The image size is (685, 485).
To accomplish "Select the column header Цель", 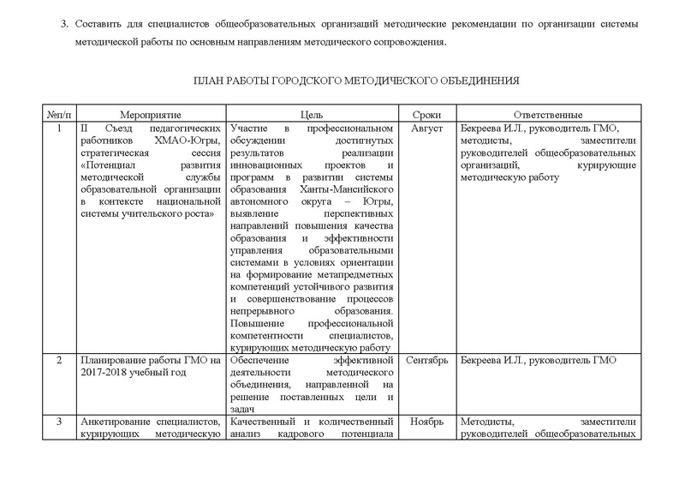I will [311, 115].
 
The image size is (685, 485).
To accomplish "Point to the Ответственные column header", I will [548, 115].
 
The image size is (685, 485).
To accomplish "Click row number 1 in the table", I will [58, 128].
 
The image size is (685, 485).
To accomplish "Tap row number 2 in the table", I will [58, 360].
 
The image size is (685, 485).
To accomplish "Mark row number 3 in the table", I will [58, 421].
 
